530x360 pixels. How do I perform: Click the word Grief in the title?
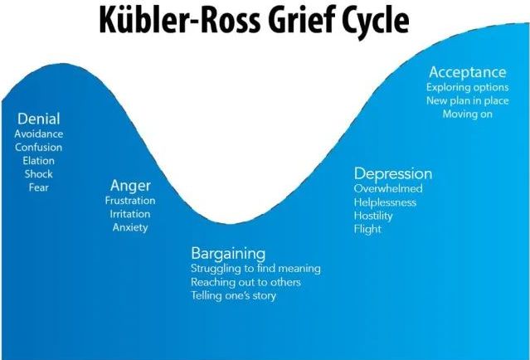click(300, 19)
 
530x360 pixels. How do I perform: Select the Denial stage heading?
click(38, 119)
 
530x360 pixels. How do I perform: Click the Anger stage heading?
click(130, 187)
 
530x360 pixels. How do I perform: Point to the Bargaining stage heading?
click(228, 254)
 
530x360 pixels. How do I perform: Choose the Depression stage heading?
click(393, 174)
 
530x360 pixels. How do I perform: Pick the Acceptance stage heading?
click(468, 73)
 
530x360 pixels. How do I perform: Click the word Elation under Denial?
click(38, 161)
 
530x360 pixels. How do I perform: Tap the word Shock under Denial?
click(38, 174)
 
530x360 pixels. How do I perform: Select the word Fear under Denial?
click(38, 187)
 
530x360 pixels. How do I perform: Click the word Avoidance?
click(38, 134)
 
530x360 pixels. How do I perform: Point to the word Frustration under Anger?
click(130, 201)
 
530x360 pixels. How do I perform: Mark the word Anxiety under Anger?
click(130, 227)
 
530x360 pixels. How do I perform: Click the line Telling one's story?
click(234, 296)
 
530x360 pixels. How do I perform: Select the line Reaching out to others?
click(246, 282)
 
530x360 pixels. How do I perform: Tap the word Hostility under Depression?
click(373, 216)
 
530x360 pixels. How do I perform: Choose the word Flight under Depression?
click(367, 230)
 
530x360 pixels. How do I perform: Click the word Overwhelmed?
click(388, 188)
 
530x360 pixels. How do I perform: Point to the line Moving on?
click(468, 114)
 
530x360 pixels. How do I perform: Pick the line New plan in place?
click(468, 100)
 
